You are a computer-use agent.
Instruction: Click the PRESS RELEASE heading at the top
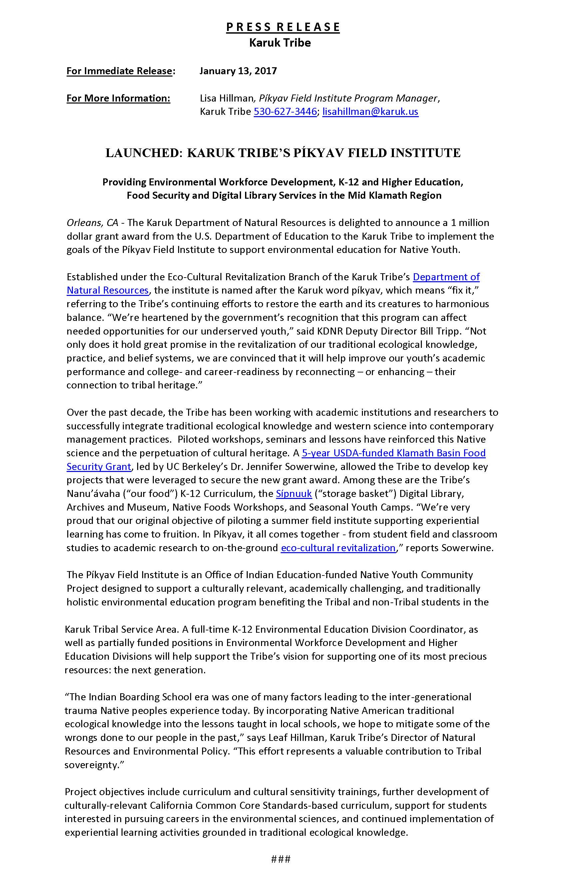[283, 27]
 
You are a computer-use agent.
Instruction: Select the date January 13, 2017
[238, 71]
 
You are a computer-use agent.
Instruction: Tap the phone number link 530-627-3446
[285, 111]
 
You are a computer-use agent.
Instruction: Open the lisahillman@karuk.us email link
[370, 111]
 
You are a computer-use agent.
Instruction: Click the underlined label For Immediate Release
[119, 71]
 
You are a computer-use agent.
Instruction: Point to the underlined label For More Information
[118, 98]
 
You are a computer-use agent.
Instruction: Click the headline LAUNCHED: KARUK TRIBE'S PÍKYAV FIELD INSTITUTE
[283, 153]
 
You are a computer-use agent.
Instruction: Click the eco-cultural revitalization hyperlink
[338, 548]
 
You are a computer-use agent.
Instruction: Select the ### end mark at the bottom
[281, 859]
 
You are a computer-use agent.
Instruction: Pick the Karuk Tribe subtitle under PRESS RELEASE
[280, 43]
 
